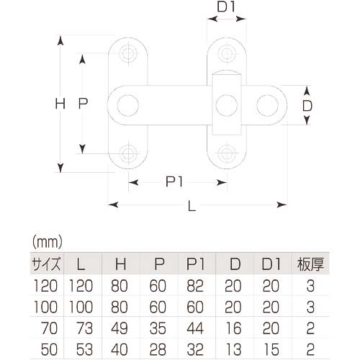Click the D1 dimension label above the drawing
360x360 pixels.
point(225,9)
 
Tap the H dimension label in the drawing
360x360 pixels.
point(60,104)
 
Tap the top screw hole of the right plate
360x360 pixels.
point(227,54)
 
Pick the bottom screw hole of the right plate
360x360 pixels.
point(227,153)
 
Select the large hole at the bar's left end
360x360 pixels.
point(129,105)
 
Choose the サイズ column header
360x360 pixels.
point(45,262)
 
